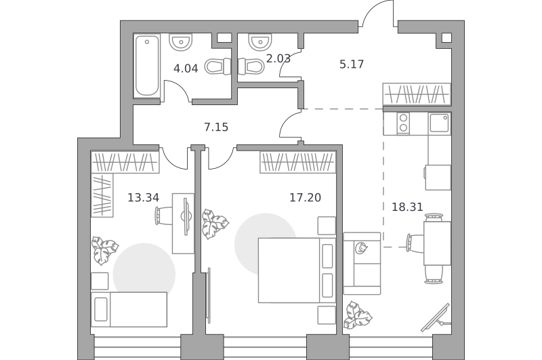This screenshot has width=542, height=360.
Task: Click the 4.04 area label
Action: point(186,68)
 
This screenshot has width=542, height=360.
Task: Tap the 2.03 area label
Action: point(278,58)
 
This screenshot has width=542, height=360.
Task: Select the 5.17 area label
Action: point(352,64)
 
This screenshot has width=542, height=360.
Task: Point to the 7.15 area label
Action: point(216,127)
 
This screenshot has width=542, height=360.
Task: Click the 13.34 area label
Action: point(144,197)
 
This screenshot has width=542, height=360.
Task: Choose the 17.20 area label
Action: point(306,197)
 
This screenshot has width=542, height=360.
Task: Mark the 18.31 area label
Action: point(407,207)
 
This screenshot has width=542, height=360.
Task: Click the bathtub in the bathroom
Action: point(147,65)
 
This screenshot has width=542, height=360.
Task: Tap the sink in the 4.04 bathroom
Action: point(180,41)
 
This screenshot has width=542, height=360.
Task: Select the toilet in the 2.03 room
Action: point(249,66)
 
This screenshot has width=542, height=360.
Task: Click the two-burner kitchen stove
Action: point(402,123)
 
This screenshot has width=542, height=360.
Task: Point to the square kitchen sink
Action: point(439,123)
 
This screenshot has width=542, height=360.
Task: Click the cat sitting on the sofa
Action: point(362,248)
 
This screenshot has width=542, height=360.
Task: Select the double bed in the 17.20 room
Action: point(297,270)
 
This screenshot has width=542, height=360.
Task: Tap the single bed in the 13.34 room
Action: point(129,309)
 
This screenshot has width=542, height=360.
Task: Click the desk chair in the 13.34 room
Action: point(163,216)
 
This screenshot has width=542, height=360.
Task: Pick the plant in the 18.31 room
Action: point(358,315)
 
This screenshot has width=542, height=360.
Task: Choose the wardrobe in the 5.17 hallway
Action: point(417,94)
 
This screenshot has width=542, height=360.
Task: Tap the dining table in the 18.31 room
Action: point(437,243)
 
